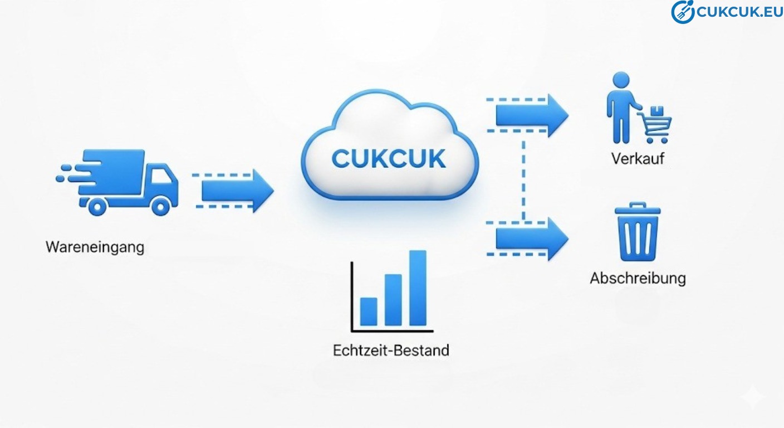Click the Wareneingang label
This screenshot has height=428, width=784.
pyautogui.click(x=95, y=247)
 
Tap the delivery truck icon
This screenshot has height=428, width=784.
pyautogui.click(x=120, y=181)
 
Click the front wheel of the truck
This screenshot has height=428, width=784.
pyautogui.click(x=160, y=207)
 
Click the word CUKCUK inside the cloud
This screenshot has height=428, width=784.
pyautogui.click(x=389, y=159)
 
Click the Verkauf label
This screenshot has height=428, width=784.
pyautogui.click(x=638, y=159)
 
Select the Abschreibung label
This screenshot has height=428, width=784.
pyautogui.click(x=638, y=278)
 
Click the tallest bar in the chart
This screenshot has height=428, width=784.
pyautogui.click(x=418, y=288)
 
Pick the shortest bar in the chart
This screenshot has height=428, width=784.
pyautogui.click(x=369, y=311)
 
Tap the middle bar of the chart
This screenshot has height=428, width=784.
pyautogui.click(x=393, y=300)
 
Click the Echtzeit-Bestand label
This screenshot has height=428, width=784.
pyautogui.click(x=391, y=351)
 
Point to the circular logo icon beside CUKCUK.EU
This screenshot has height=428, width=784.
pyautogui.click(x=682, y=12)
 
